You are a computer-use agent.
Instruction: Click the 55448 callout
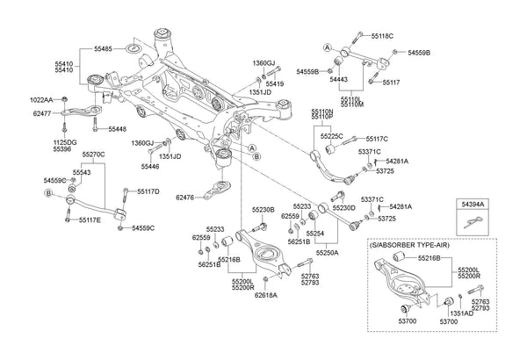(x=118, y=129)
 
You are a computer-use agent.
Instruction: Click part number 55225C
(x=330, y=137)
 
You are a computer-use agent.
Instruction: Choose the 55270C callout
(x=93, y=154)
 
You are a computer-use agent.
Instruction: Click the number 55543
(x=82, y=173)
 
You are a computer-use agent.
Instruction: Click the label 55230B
(x=263, y=210)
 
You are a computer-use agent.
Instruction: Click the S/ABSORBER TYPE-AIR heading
(x=413, y=244)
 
